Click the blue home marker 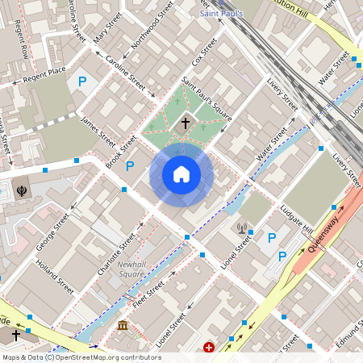181,174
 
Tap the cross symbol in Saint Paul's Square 185,123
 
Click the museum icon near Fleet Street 123,326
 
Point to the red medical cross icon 210,348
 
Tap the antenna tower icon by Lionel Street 242,227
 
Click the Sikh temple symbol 21,191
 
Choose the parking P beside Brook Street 130,165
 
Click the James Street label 98,130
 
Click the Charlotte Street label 116,253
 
